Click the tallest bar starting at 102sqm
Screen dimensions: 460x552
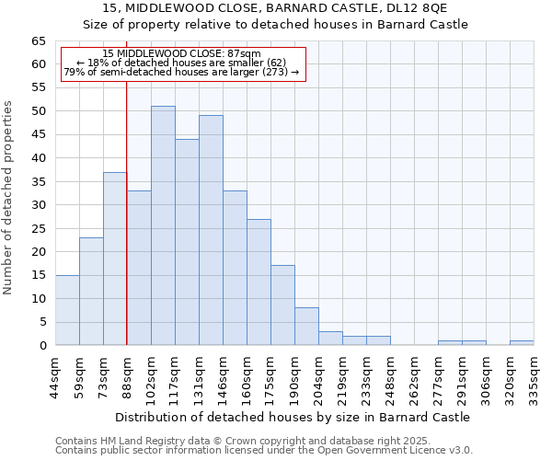point(163,225)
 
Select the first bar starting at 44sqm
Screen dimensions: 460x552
point(67,310)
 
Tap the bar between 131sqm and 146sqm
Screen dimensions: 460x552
point(211,230)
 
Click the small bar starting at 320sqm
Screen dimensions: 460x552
point(522,343)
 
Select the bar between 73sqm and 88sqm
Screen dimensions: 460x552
point(115,259)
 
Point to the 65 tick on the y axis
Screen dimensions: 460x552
point(39,41)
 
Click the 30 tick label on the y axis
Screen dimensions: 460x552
point(39,205)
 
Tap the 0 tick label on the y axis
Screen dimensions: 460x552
point(42,346)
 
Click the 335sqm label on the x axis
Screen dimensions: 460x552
point(534,374)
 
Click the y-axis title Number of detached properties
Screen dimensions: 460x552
point(9,198)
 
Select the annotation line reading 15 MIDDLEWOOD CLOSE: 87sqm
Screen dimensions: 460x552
point(182,54)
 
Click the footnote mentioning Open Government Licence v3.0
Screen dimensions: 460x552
point(264,450)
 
